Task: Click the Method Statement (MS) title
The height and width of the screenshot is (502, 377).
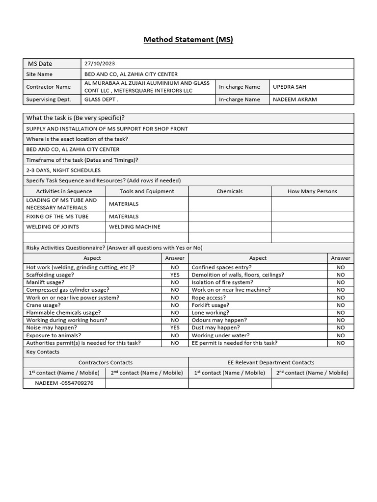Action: pos(188,39)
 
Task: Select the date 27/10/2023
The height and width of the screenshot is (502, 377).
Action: pos(100,63)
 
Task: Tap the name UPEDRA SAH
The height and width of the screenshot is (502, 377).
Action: pos(290,87)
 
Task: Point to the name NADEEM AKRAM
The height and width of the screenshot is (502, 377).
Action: pos(295,100)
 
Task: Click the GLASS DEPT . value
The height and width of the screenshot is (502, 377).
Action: pos(102,100)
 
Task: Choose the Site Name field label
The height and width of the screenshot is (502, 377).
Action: pos(39,74)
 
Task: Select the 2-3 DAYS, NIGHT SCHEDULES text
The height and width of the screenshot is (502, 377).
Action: pos(63,170)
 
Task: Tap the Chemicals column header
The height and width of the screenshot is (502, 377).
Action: pos(229,191)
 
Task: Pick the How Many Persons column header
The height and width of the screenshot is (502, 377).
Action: pos(312,191)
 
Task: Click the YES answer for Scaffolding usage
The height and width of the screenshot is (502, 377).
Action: pos(175,275)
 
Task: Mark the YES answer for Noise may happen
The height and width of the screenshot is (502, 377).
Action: pos(175,327)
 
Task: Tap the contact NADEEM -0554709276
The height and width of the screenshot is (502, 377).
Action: pos(64,383)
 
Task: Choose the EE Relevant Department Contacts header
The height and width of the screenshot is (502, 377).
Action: pos(271,362)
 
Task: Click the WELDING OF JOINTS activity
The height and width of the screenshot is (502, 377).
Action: pos(53,227)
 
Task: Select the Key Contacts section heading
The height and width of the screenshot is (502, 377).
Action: pos(43,352)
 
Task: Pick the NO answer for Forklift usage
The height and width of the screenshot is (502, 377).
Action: pos(340,305)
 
